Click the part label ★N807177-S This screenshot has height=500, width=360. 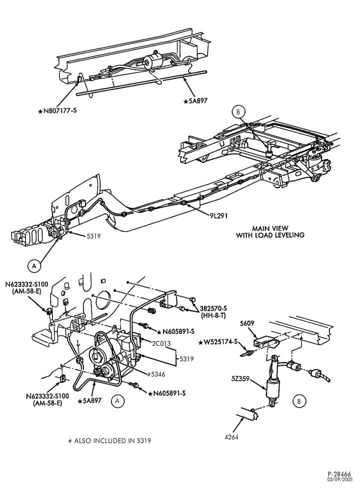pos(57,111)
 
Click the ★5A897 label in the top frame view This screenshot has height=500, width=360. pos(195,101)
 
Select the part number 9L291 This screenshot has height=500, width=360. pos(218,215)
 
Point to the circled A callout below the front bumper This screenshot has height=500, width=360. pos(34,265)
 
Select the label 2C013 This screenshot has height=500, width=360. pos(161,343)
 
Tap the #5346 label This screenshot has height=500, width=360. pos(156,374)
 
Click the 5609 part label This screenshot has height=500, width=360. pos(247,323)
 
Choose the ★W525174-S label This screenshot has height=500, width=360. pos(218,342)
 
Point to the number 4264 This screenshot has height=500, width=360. pos(231,437)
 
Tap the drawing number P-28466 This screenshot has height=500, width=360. pos(340,483)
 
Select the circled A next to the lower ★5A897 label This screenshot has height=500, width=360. pos(117,401)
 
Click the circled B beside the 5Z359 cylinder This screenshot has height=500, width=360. pos(299,401)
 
